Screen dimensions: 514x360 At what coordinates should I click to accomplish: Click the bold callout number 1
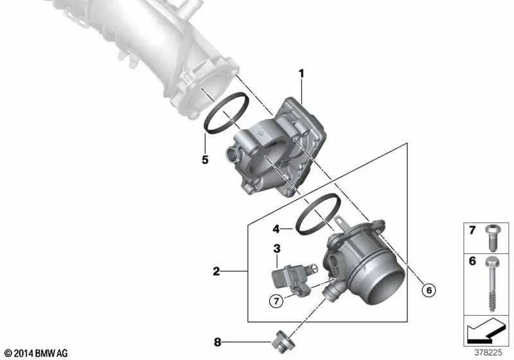pos(301,74)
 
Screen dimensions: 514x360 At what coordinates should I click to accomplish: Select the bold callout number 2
pos(217,271)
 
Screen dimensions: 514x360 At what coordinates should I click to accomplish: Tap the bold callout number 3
pos(277,249)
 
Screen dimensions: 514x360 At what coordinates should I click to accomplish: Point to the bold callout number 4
pos(276,229)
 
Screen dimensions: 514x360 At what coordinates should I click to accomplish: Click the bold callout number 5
pos(205,160)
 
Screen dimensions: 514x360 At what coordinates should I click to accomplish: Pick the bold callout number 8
pos(217,342)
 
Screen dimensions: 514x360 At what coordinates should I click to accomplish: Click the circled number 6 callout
pos(429,290)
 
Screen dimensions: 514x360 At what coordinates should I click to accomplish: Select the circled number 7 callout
pos(276,301)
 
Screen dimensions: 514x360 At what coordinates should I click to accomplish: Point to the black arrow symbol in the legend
pos(485,330)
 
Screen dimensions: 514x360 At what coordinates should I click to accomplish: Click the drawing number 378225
pos(488,352)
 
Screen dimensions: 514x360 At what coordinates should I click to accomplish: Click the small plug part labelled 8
pos(283,342)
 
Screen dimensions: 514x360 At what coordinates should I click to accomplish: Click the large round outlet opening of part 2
pos(387,283)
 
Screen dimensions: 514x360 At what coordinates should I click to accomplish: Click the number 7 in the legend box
pos(472,230)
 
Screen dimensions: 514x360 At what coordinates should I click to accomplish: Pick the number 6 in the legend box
pos(472,261)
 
